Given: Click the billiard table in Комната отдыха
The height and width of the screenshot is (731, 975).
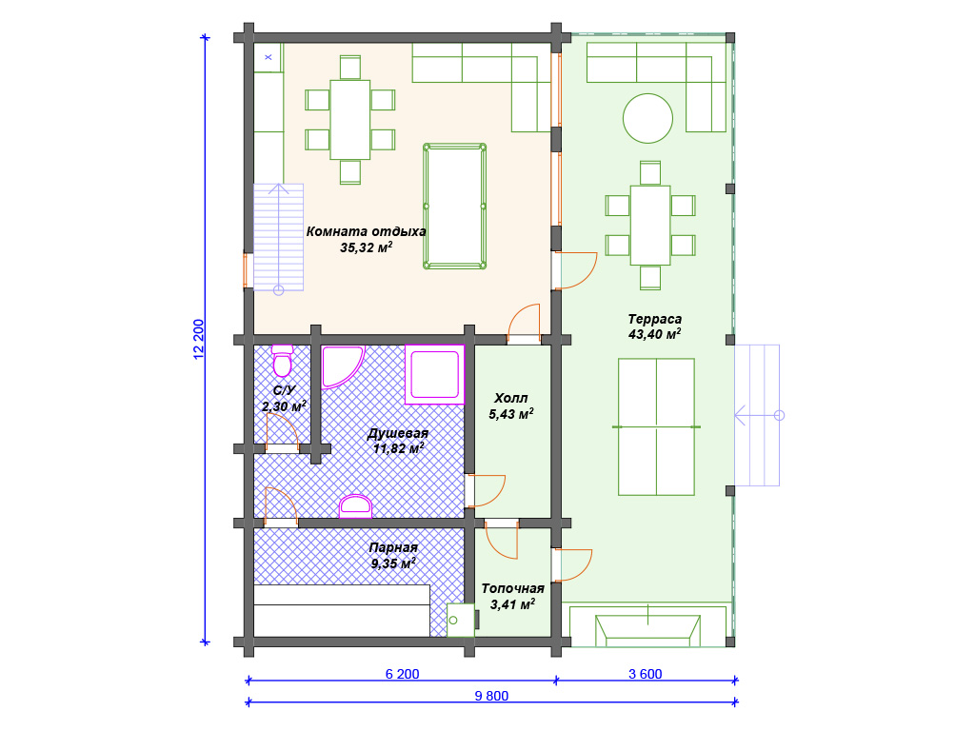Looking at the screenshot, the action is (x=454, y=207).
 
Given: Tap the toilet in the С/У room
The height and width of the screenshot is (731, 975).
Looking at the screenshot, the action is (x=282, y=361).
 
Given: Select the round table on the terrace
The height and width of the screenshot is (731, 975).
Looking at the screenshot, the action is (x=647, y=118).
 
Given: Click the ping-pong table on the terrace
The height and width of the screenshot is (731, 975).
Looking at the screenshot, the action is (x=656, y=427).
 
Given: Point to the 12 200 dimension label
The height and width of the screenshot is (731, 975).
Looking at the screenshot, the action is (x=198, y=340).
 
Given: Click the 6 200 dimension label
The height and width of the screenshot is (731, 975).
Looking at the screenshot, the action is (x=403, y=674).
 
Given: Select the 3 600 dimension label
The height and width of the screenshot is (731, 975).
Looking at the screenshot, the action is (x=646, y=674).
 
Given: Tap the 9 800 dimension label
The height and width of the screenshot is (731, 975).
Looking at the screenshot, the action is (x=491, y=696).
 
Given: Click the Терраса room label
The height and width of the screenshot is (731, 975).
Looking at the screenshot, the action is (x=655, y=319).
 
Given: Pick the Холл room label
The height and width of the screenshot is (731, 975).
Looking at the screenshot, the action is (x=511, y=398).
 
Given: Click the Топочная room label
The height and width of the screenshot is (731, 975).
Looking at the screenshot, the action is (x=513, y=588).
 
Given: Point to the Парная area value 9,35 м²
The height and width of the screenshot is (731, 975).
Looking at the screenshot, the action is (x=393, y=563).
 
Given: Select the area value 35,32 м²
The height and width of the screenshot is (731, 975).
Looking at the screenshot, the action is (x=367, y=247).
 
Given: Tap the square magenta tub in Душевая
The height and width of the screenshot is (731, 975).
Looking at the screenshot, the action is (x=434, y=374).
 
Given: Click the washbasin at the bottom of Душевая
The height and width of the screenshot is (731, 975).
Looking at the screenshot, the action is (x=356, y=506).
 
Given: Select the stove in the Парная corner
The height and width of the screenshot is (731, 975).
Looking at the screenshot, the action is (x=462, y=620).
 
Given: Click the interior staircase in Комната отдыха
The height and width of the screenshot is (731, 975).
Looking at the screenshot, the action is (x=279, y=237).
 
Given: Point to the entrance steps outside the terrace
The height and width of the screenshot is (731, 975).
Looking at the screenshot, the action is (x=757, y=415).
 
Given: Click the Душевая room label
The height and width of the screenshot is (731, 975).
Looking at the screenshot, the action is (x=398, y=433).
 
